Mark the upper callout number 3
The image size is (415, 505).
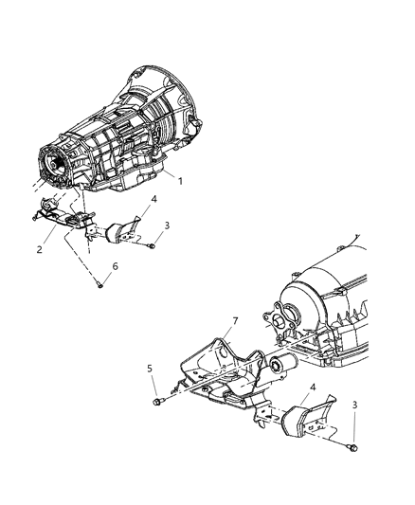pyautogui.click(x=166, y=225)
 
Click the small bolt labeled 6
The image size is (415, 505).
pyautogui.click(x=100, y=285)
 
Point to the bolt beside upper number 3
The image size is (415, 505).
pyautogui.click(x=151, y=245)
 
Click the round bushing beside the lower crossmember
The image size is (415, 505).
pyautogui.click(x=281, y=370)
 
